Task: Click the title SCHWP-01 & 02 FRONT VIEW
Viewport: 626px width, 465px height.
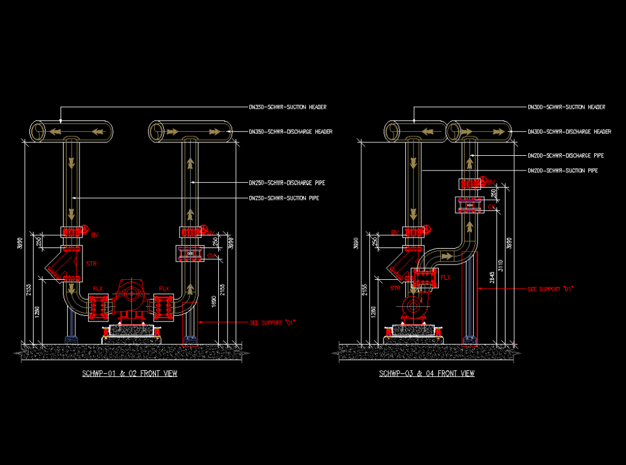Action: pos(130,373)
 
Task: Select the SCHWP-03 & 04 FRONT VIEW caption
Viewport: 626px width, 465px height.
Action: pos(427,373)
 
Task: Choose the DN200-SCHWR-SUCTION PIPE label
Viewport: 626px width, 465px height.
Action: pos(562,170)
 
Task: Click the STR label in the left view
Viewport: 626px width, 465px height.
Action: pos(91,264)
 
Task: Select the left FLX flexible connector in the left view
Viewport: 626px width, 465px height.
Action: pos(98,307)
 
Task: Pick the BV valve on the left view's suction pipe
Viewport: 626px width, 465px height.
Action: pos(72,233)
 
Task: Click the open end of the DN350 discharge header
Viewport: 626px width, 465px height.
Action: pos(158,131)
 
